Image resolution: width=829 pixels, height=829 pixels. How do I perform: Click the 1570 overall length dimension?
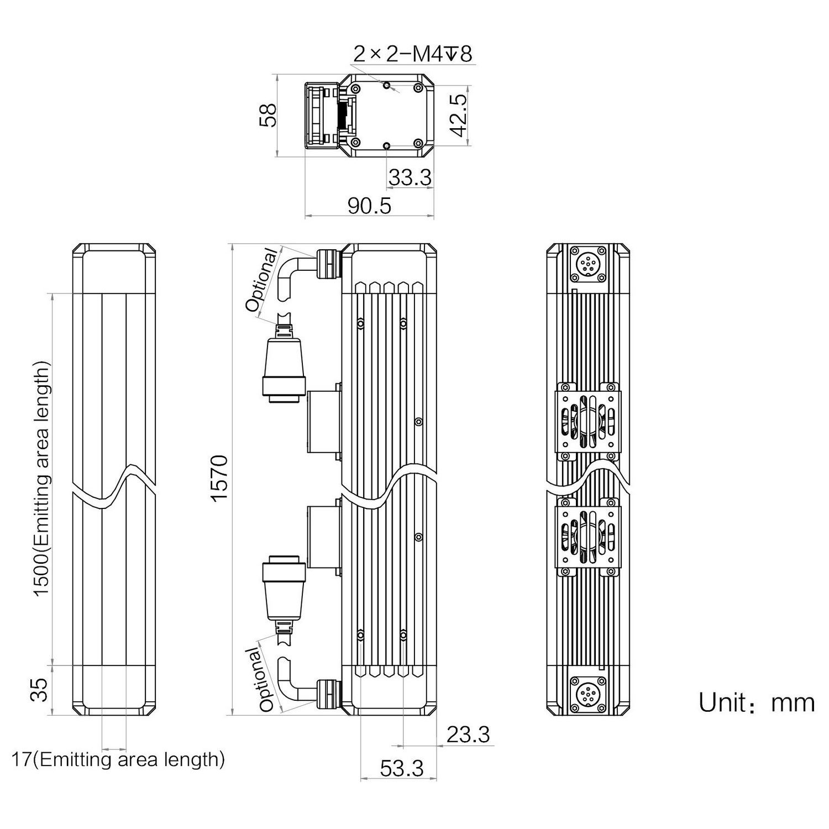219,478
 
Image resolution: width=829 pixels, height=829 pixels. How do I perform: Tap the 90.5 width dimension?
369,206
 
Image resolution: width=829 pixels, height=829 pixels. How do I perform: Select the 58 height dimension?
268,115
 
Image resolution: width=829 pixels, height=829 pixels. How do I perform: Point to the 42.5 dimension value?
458,115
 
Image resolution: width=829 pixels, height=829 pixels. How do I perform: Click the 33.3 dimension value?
410,178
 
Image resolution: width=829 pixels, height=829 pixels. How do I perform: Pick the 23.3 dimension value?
468,734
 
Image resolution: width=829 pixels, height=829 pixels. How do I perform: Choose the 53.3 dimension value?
402,768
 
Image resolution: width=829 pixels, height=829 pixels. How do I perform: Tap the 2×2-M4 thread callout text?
412,54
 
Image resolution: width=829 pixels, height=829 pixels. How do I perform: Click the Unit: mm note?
756,703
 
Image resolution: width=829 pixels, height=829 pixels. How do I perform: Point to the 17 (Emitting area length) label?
118,759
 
